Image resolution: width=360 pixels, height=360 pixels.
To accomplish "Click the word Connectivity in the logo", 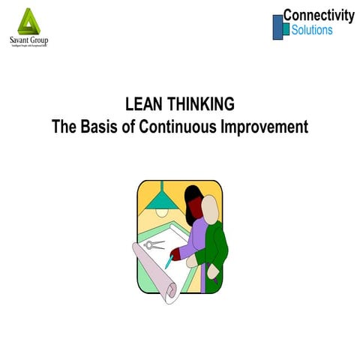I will [319, 15].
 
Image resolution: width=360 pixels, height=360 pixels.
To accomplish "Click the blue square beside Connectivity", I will [278, 26].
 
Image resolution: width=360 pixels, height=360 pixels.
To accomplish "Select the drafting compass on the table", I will [154, 244].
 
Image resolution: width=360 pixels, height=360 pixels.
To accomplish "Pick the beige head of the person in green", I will [211, 210].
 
